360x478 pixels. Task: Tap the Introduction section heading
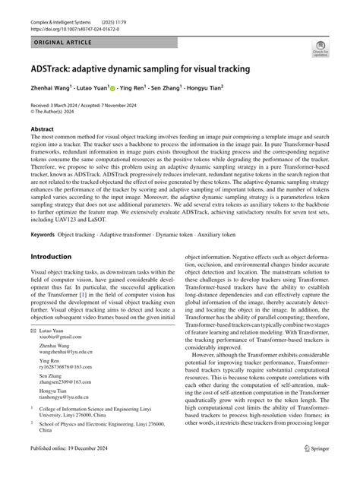pyautogui.click(x=46, y=258)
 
